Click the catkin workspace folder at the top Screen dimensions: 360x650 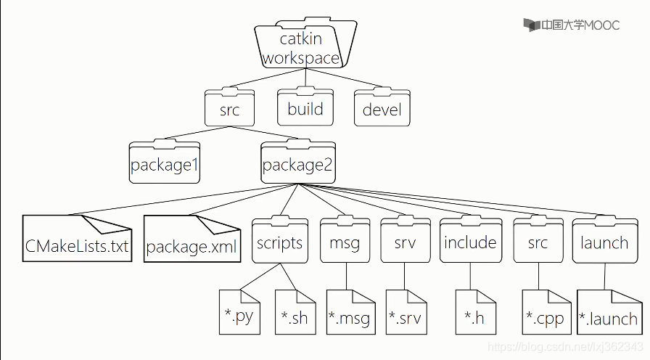coord(300,45)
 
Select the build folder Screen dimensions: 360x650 coord(305,109)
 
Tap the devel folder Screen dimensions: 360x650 coord(382,110)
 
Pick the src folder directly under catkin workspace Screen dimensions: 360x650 coord(229,110)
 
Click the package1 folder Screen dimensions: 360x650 coord(165,163)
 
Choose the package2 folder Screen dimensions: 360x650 coord(297,163)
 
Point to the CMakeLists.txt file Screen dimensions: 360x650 coord(77,239)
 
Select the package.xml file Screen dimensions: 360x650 coord(192,239)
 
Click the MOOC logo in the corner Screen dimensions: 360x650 coord(572,25)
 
